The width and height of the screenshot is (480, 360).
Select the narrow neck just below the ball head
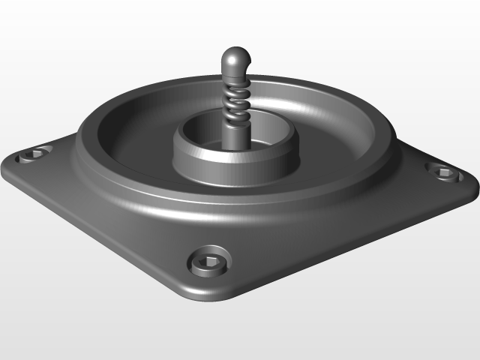tap(235, 76)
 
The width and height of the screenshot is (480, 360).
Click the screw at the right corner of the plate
tap(442, 172)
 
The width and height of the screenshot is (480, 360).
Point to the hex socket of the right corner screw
tap(443, 173)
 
